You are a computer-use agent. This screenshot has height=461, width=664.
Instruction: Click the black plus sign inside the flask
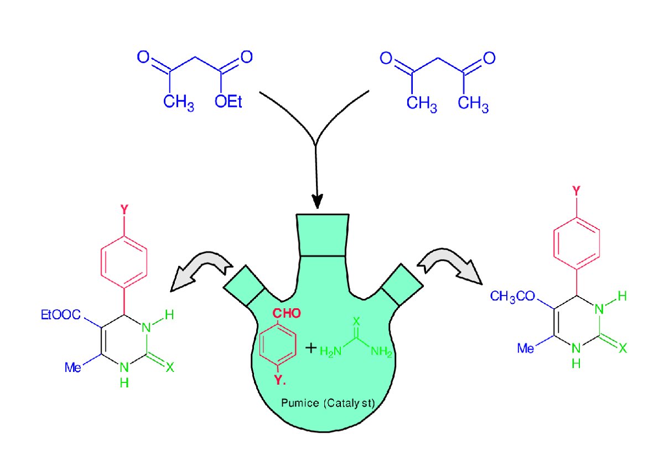pos(312,348)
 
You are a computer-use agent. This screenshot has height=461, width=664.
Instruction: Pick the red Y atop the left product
pos(124,210)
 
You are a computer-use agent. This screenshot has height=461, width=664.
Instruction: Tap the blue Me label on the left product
pos(73,367)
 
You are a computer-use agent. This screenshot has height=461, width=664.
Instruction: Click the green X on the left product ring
pos(170,367)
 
